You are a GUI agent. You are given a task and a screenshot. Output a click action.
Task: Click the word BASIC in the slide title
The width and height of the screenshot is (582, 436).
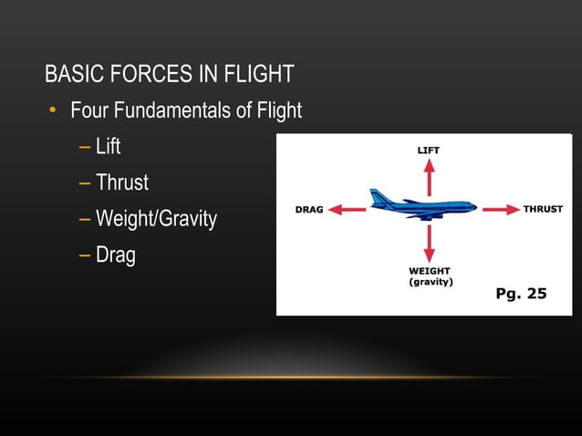click(71, 74)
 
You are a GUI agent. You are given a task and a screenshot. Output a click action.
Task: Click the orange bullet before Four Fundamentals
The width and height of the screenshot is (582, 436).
click(53, 111)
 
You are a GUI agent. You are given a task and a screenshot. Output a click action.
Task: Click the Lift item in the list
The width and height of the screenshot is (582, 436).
click(108, 146)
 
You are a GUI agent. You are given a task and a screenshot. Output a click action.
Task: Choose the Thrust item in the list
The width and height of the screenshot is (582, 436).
click(121, 182)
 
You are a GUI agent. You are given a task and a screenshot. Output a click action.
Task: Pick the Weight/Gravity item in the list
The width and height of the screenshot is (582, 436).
click(156, 219)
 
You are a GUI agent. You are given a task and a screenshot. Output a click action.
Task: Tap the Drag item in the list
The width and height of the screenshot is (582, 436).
click(115, 255)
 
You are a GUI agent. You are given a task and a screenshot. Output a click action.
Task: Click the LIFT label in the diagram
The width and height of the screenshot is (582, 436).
click(428, 150)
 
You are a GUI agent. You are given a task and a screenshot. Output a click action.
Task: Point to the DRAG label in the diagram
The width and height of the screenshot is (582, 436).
click(309, 210)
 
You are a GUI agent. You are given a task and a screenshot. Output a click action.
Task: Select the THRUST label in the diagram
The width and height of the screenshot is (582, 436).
click(543, 210)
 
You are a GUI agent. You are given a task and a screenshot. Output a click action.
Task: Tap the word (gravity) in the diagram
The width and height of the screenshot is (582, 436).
click(431, 282)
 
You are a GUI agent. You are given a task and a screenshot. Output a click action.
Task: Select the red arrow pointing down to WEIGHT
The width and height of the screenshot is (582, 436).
click(429, 243)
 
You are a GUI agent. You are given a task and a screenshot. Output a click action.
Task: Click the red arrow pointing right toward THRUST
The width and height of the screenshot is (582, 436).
click(500, 210)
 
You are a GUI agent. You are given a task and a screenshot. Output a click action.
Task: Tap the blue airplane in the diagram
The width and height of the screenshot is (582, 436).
click(421, 205)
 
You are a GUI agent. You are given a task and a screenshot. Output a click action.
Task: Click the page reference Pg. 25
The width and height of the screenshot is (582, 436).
click(521, 294)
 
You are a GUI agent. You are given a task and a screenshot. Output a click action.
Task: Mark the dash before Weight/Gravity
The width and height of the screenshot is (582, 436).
click(85, 219)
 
